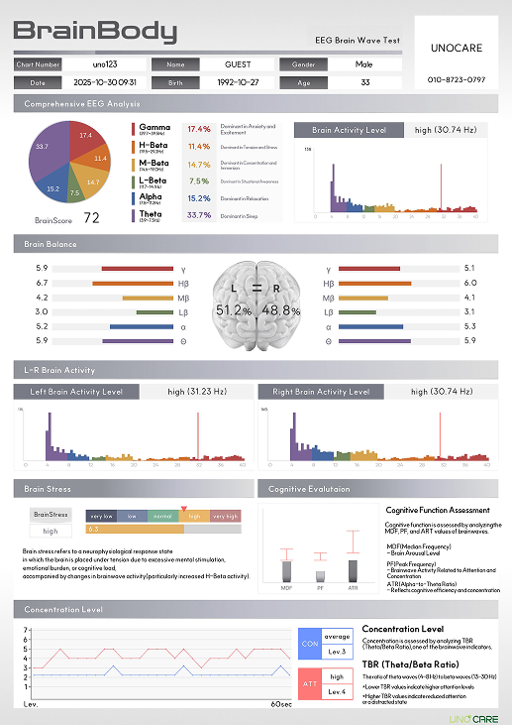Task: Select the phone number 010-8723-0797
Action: click(456, 78)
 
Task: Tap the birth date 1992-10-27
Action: click(241, 82)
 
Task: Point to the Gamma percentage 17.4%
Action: click(199, 129)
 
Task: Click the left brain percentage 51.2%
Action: click(234, 310)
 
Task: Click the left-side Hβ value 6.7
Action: click(42, 283)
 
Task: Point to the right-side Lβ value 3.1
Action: click(469, 311)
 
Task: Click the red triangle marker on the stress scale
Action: click(183, 509)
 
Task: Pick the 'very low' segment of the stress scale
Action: click(101, 517)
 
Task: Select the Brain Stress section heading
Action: click(48, 489)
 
